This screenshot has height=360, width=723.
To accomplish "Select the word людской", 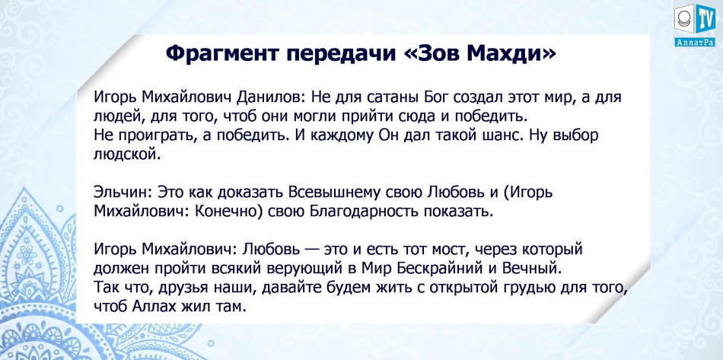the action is (128, 155).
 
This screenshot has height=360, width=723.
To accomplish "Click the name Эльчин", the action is (123, 192).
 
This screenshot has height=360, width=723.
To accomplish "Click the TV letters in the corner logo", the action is (705, 19).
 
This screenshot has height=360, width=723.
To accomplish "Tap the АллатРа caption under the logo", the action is (694, 43).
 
